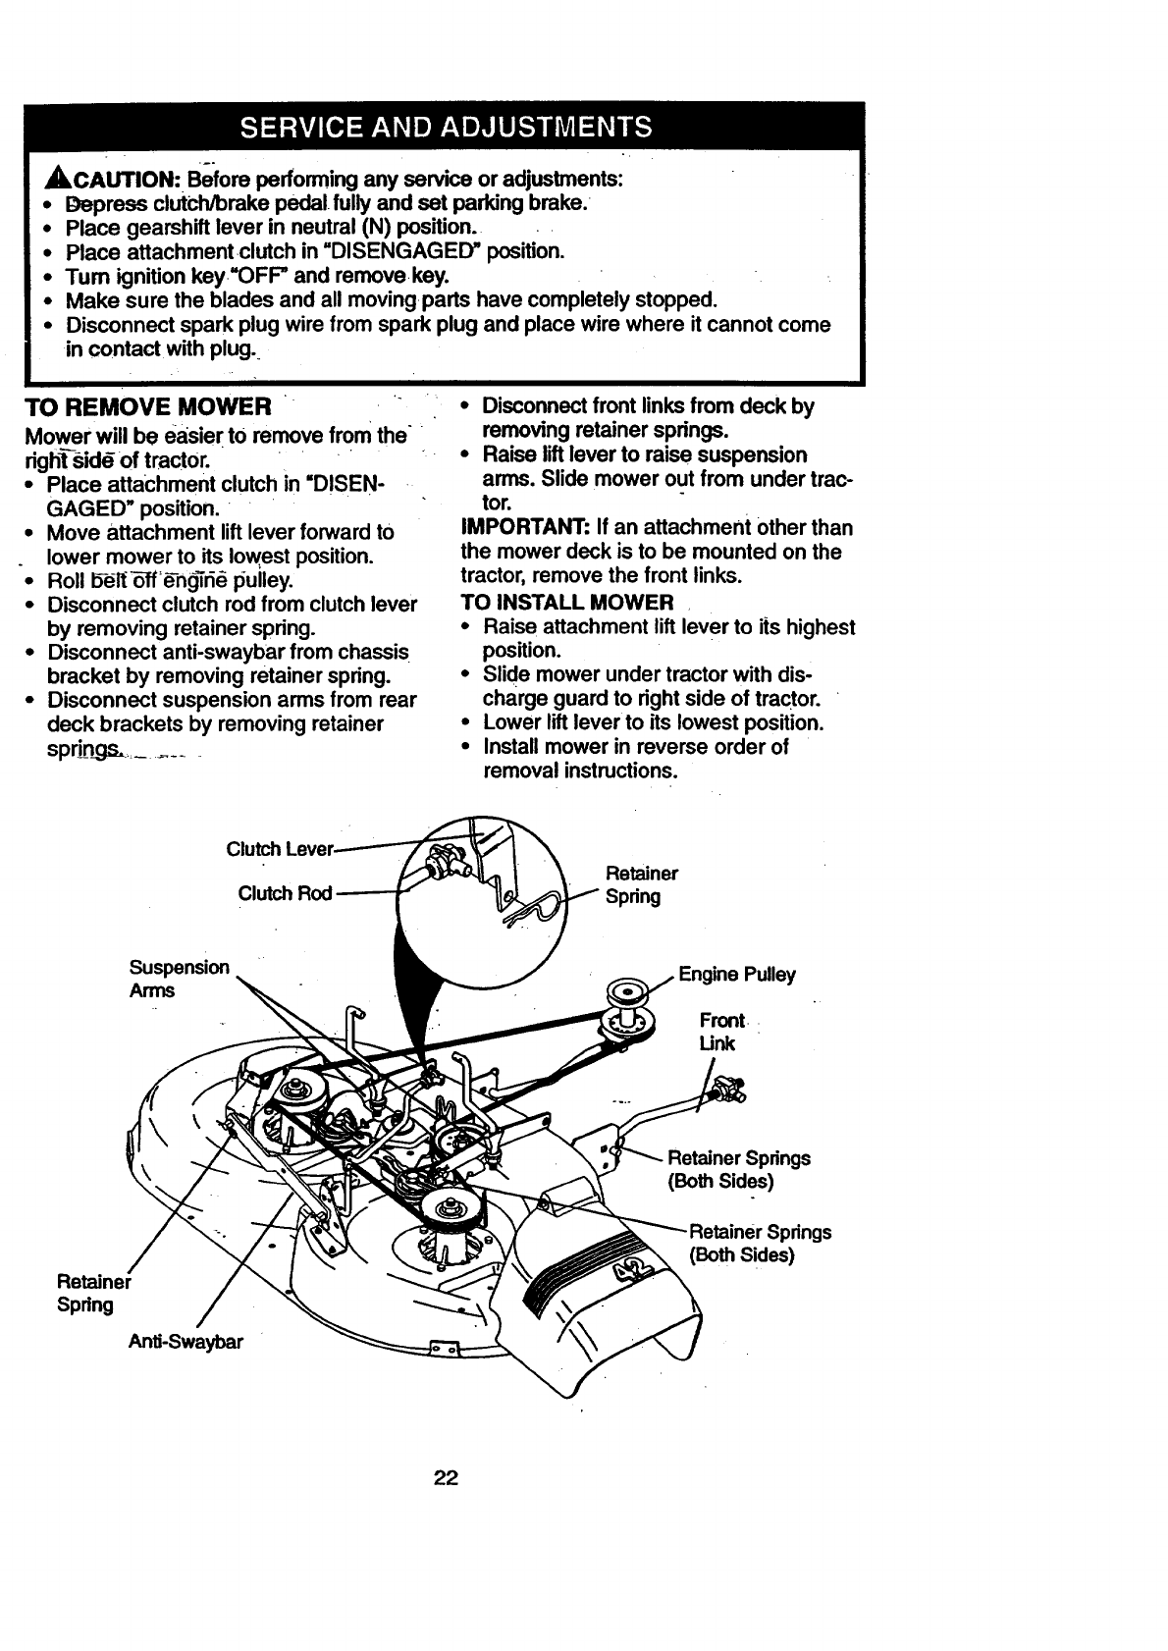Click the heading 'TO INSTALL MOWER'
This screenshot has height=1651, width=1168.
click(567, 603)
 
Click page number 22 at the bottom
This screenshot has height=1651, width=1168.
click(447, 1478)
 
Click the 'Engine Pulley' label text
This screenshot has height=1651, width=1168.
click(737, 975)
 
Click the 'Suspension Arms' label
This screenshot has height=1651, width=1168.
click(178, 979)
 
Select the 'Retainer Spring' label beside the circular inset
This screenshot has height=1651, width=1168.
click(641, 884)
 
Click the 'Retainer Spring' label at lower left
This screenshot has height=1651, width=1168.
click(92, 1293)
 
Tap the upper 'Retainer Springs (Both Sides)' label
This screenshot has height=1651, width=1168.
click(738, 1169)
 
